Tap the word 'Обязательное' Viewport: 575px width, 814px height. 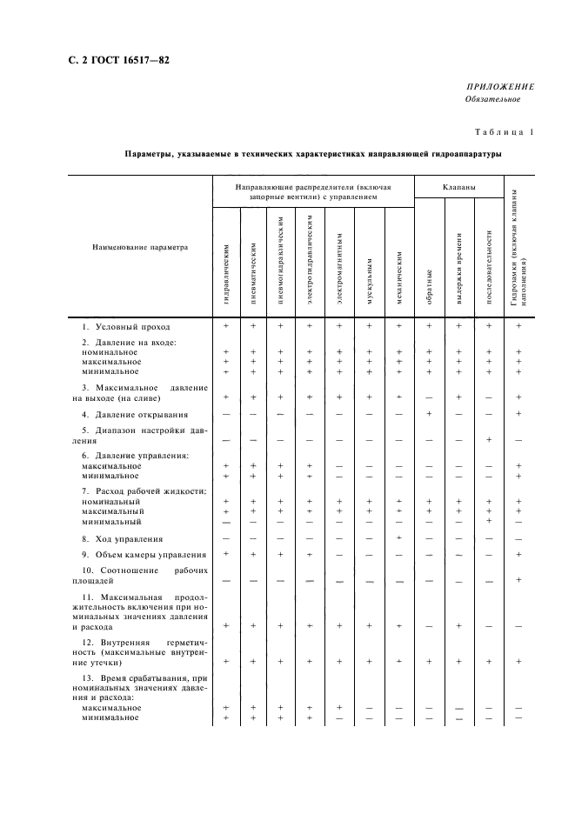492,99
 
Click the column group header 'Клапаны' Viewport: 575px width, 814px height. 458,187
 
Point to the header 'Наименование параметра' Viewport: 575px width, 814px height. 140,247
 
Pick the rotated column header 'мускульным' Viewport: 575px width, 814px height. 369,281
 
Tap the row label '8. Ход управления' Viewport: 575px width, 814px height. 118,539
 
